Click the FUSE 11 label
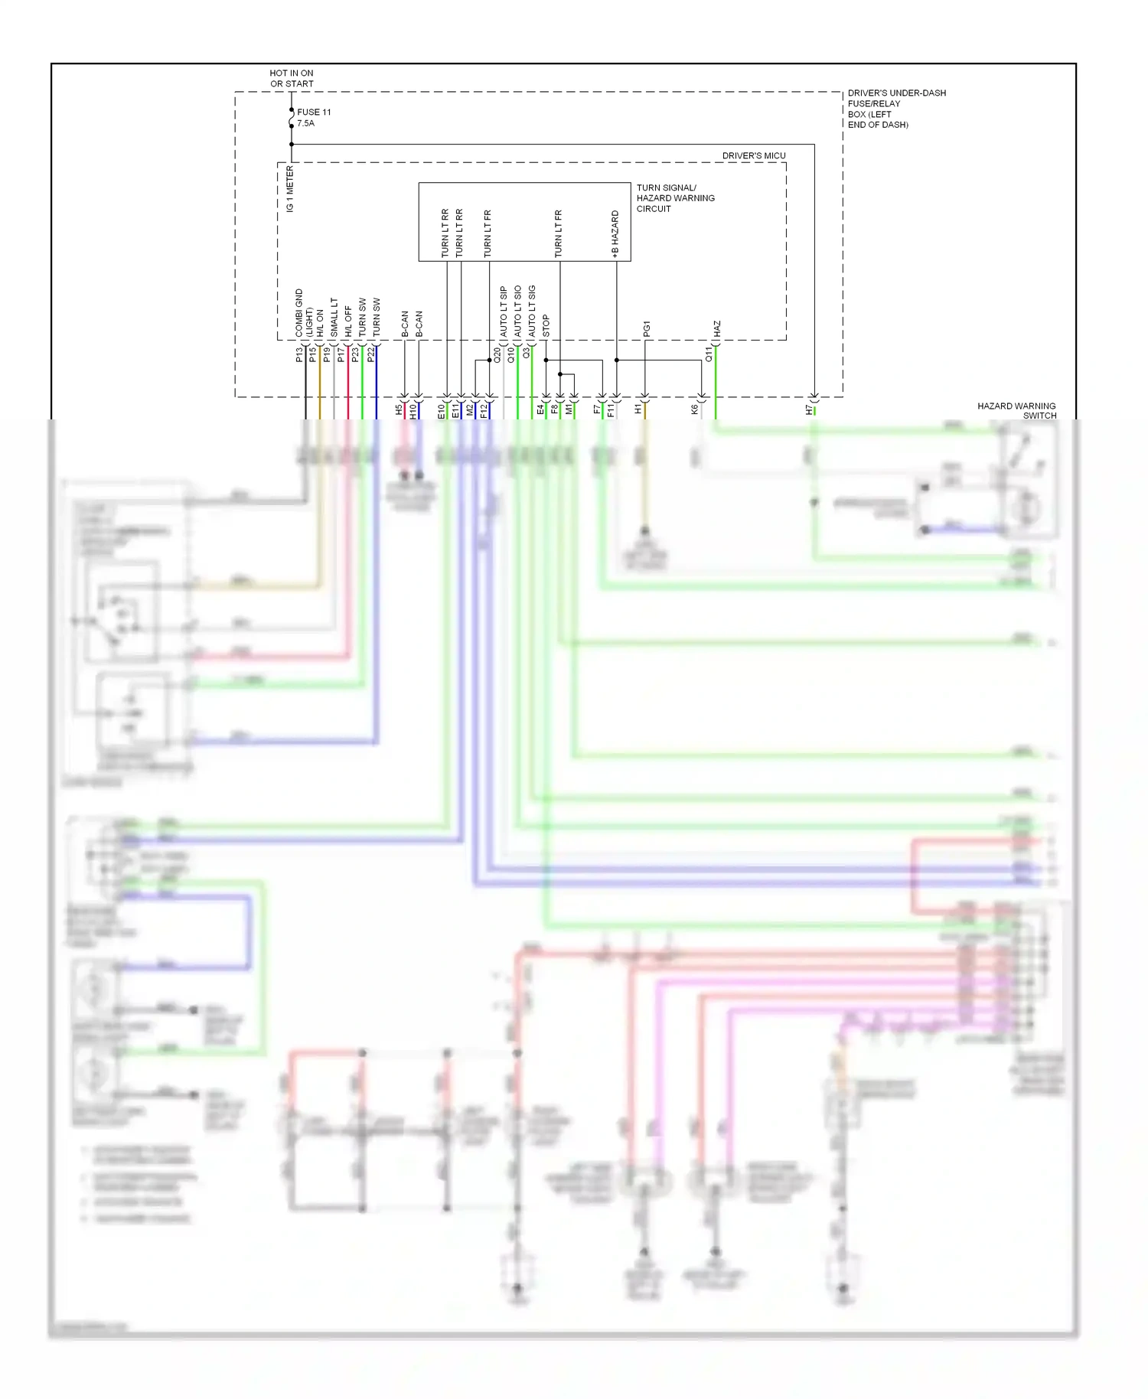coord(314,112)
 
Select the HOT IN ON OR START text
coord(292,79)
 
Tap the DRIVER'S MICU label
coord(753,155)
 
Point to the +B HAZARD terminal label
coord(615,233)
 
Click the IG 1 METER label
coord(290,189)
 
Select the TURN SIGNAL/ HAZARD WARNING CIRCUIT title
coord(675,198)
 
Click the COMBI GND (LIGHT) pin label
coord(304,314)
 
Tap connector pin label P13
coord(299,354)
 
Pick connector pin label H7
coord(809,410)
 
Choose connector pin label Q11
coord(709,354)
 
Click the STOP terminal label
coord(546,326)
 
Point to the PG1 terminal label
coord(647,329)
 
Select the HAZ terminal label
coord(717,329)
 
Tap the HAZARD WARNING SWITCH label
coord(1016,411)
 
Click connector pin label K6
coord(695,410)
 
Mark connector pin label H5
coord(399,410)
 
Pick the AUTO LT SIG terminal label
coord(532,311)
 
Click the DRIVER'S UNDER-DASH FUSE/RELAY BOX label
coord(895,109)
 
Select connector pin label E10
coord(442,412)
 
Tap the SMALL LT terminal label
coord(334,318)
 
